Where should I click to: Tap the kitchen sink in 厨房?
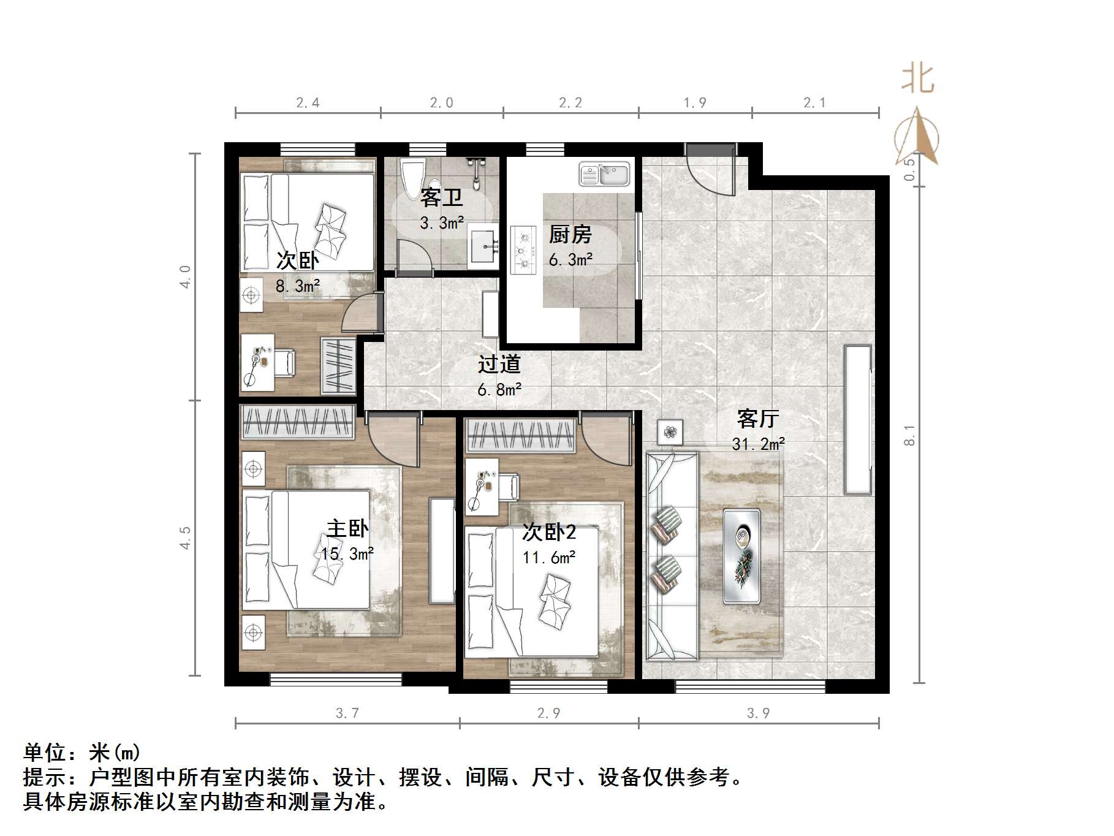[x=604, y=174]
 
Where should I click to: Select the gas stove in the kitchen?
[x=523, y=249]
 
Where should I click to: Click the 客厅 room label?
[x=758, y=419]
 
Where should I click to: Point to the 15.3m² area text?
[x=347, y=554]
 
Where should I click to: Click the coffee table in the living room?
[x=741, y=555]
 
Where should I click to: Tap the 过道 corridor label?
[x=499, y=364]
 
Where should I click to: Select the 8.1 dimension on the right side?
[x=911, y=435]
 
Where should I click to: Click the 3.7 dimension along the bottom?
[x=347, y=713]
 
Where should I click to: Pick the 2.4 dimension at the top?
[x=308, y=103]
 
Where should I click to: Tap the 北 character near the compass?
[x=917, y=80]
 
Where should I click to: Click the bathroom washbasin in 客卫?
[x=485, y=246]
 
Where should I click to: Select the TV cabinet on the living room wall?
[x=857, y=420]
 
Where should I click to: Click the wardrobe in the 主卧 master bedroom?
[x=298, y=422]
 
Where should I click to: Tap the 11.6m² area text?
[x=548, y=558]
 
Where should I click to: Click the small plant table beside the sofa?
[x=670, y=432]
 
